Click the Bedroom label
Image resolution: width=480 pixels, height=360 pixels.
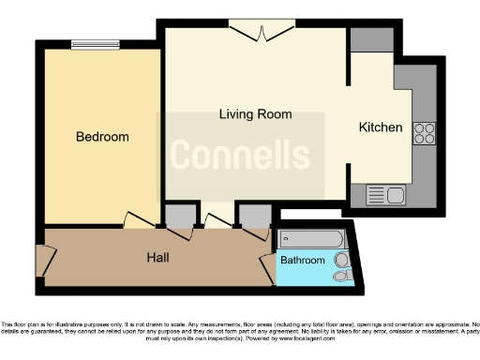pyautogui.click(x=102, y=137)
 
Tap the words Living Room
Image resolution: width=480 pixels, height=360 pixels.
pyautogui.click(x=255, y=114)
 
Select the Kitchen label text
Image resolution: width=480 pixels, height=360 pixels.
pyautogui.click(x=381, y=127)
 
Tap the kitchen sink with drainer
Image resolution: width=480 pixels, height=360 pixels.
pyautogui.click(x=384, y=195)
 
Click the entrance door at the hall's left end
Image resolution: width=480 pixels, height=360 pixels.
pyautogui.click(x=41, y=261)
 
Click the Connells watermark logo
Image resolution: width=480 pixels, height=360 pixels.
pyautogui.click(x=240, y=155)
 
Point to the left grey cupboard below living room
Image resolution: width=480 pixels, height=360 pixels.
pyautogui.click(x=177, y=216)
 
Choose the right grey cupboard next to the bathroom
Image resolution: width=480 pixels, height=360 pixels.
pyautogui.click(x=253, y=216)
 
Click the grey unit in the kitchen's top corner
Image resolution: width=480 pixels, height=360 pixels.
pyautogui.click(x=364, y=39)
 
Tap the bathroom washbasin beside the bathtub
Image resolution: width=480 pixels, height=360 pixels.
pyautogui.click(x=343, y=258)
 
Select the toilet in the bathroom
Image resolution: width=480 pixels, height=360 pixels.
pyautogui.click(x=343, y=276)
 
